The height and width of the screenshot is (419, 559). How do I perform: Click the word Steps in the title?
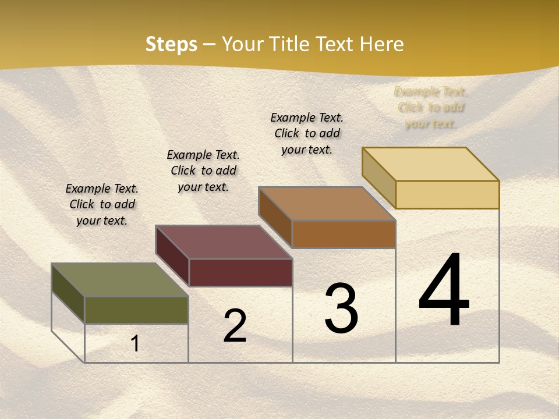pos(171,44)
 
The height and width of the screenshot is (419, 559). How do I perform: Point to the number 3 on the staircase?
pos(341,308)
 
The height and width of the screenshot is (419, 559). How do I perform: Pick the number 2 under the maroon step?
pos(235,325)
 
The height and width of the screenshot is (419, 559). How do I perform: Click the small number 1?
pos(135,343)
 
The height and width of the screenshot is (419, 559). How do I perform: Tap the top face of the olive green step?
pos(120,280)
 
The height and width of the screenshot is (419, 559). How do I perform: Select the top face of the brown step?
pos(327,204)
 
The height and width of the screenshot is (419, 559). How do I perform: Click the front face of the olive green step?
pos(136,310)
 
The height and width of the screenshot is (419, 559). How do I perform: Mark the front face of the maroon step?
pos(240,272)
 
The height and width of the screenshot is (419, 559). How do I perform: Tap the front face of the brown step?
pos(344,234)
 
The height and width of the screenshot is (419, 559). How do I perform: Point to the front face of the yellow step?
pos(447,194)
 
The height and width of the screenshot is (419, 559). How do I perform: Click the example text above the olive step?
pos(102,204)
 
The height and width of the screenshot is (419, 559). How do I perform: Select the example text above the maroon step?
pos(203,171)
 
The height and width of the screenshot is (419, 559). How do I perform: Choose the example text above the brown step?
pos(307,133)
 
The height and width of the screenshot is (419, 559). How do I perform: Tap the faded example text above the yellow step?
pos(430,108)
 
